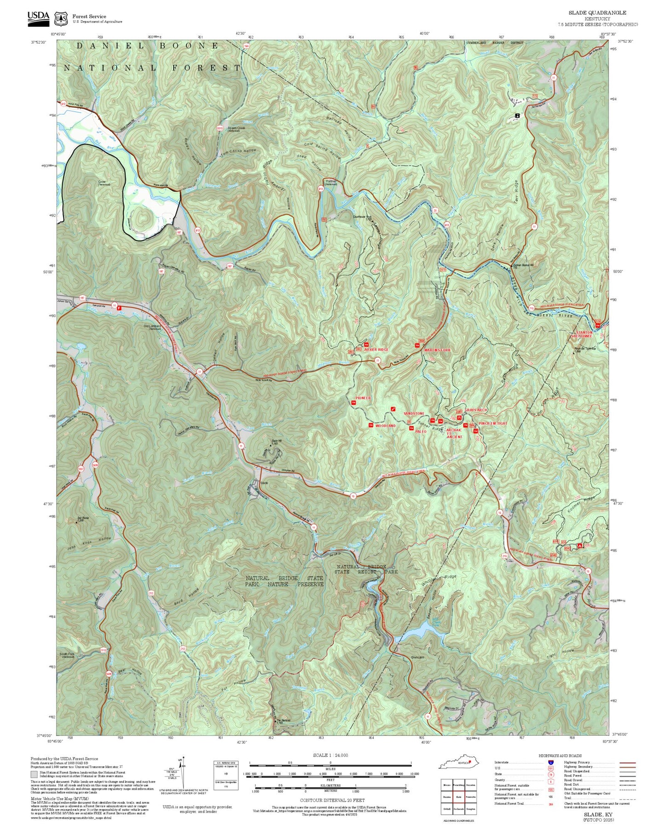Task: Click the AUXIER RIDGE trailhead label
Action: pos(376,349)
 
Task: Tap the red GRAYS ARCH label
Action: pos(475,410)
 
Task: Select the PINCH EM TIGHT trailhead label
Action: pos(493,423)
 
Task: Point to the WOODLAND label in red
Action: pos(385,426)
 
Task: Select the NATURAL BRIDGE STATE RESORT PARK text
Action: pos(367,569)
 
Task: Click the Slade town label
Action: pos(264,483)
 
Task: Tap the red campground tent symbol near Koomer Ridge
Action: pos(580,545)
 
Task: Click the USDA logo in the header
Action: pos(38,16)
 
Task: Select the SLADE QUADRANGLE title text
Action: pos(597,12)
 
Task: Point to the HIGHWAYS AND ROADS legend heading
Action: pos(560,756)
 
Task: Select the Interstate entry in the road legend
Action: pos(502,762)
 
